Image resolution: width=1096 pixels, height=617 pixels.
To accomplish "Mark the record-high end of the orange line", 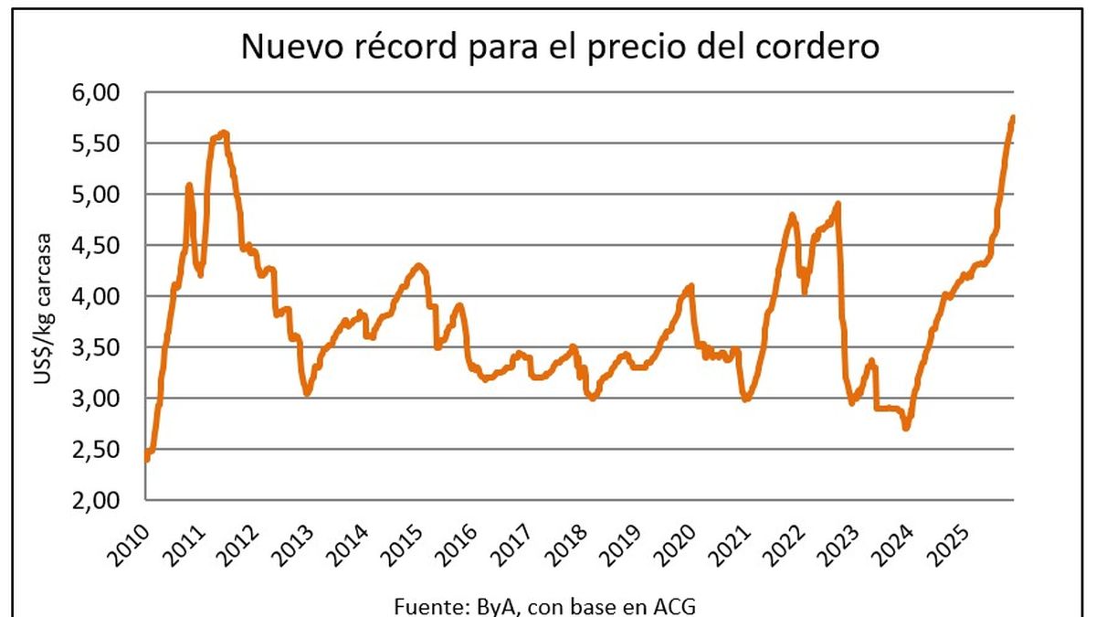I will pos(1013,118).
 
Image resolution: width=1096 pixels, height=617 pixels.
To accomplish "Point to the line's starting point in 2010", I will pos(147,459).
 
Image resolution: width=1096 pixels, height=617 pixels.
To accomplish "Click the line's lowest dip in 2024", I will pos(905,427).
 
